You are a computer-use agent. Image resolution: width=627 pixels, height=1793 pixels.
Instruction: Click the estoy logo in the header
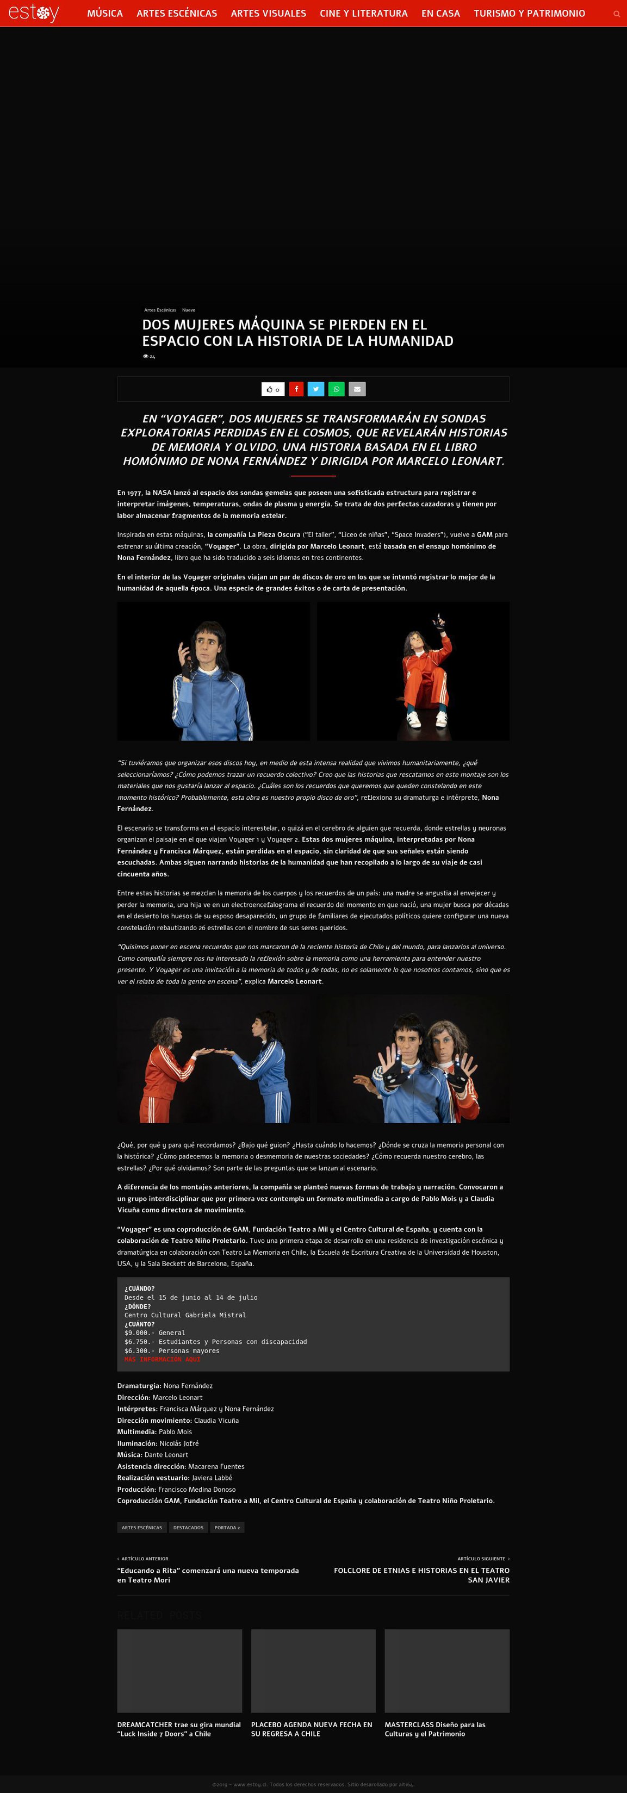[33, 13]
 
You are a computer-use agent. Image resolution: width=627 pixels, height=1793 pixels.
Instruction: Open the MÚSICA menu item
[105, 13]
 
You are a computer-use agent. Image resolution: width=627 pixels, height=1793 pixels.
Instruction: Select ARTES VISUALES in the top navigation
[268, 13]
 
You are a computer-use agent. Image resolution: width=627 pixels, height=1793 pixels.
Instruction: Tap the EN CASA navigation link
[440, 13]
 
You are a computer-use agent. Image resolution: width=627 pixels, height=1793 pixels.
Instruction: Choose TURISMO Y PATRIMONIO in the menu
[529, 13]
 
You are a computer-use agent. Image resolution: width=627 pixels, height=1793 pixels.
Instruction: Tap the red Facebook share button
[296, 389]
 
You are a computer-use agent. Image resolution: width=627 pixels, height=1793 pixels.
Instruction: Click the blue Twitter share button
[316, 389]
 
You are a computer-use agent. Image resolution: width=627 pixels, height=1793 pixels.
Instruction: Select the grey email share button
[357, 389]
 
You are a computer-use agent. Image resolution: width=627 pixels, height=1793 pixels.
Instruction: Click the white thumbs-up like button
[273, 389]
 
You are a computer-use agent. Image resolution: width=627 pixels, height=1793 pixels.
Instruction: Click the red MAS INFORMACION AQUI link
[162, 1359]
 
